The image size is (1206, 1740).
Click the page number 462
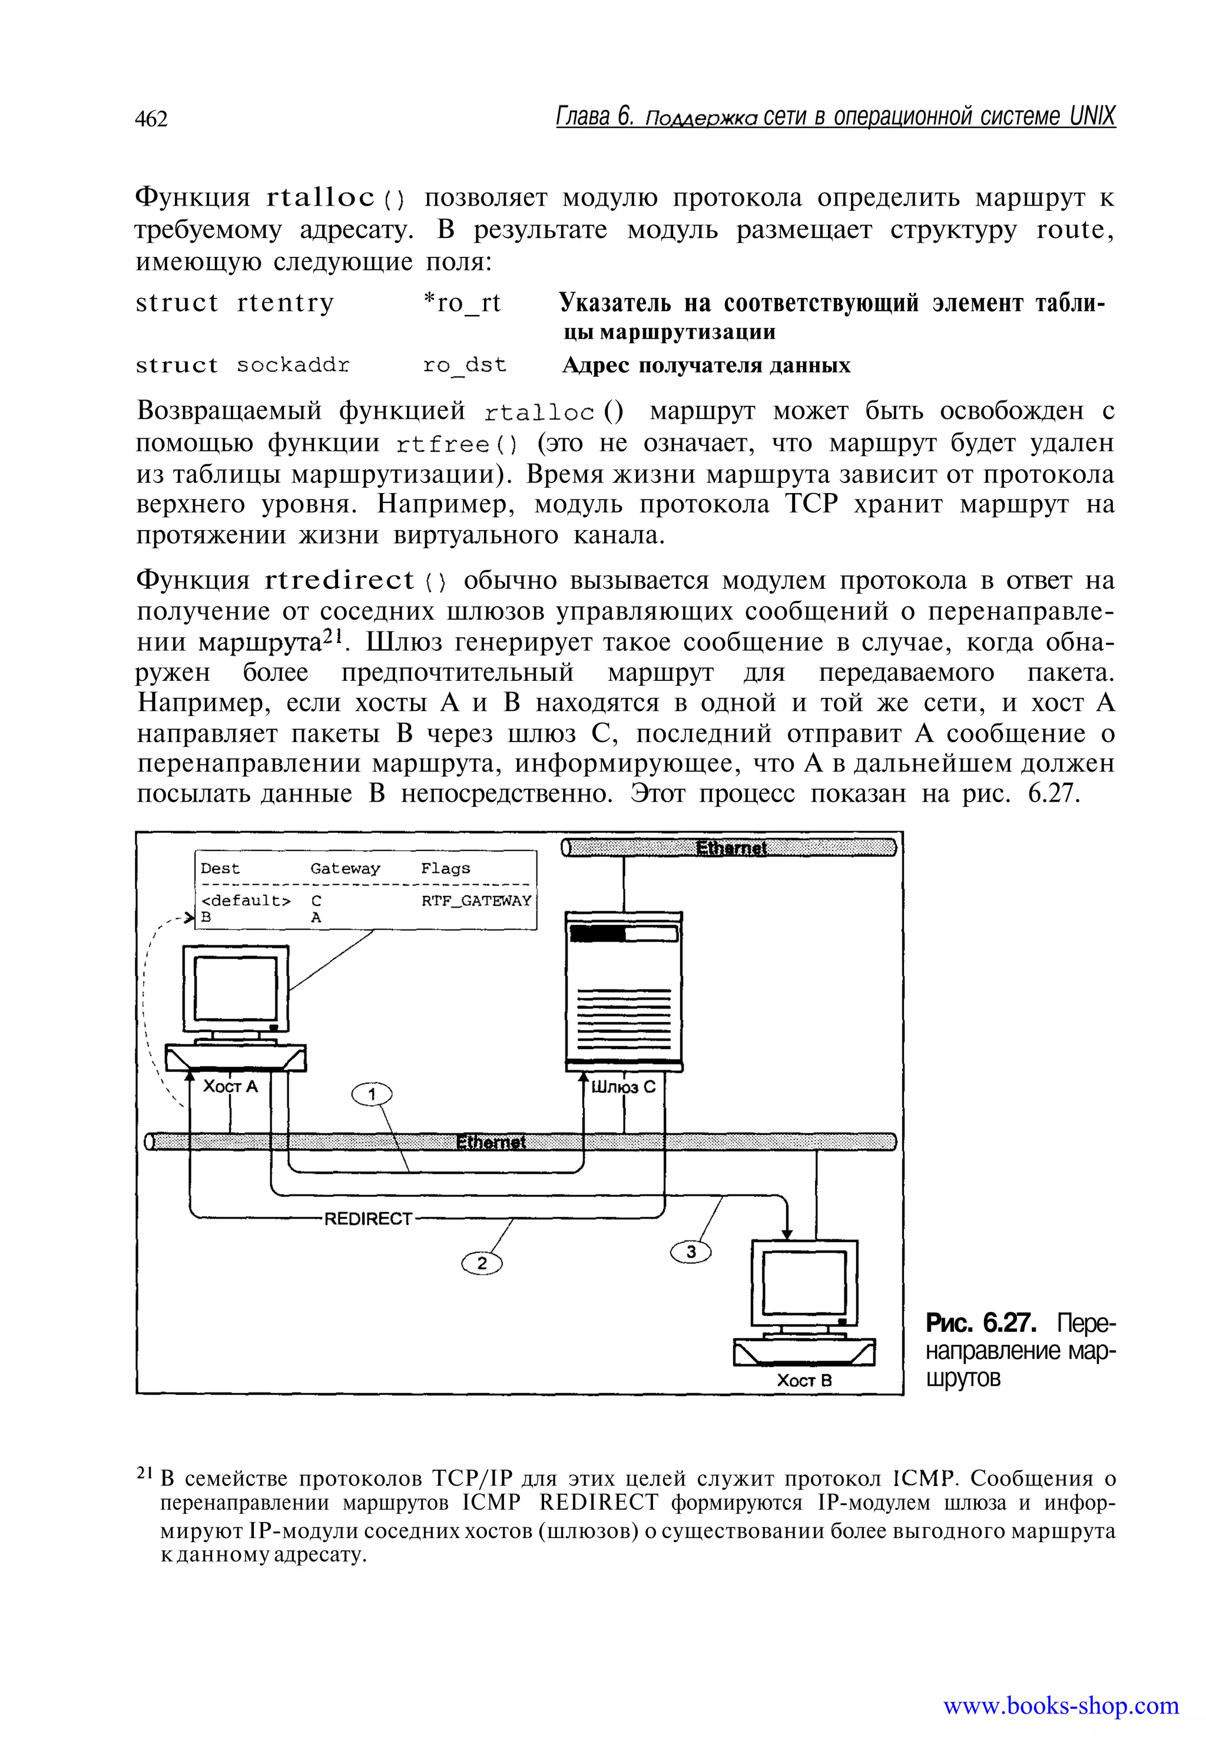tap(151, 118)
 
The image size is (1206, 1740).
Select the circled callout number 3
tap(691, 1252)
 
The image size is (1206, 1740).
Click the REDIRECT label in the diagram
tap(368, 1219)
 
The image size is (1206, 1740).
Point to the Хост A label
tap(230, 1086)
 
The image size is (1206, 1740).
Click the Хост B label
tap(805, 1380)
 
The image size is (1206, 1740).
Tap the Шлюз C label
tap(624, 1087)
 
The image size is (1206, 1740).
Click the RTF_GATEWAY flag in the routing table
tap(476, 900)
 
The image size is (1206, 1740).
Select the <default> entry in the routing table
tap(245, 900)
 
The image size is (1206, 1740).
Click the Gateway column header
tap(344, 868)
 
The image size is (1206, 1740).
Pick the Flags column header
tap(445, 868)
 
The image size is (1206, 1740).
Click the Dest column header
tap(220, 868)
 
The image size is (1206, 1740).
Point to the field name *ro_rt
tap(461, 304)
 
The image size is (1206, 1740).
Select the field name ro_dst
tap(464, 366)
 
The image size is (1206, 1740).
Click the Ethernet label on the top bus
tap(731, 848)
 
